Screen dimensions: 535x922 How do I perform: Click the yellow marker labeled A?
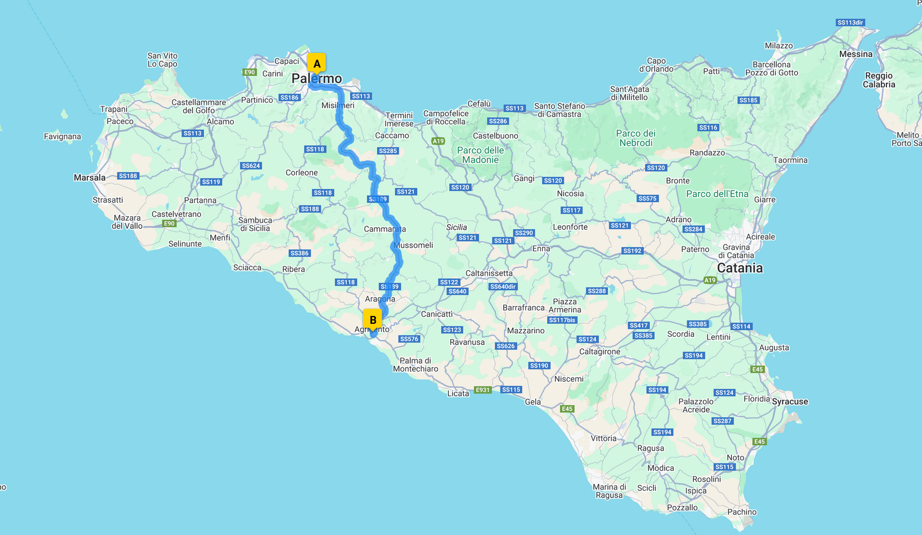click(x=316, y=64)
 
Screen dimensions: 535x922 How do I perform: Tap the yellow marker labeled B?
click(x=373, y=320)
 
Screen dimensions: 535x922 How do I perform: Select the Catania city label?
click(x=740, y=268)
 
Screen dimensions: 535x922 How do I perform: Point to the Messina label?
click(x=856, y=54)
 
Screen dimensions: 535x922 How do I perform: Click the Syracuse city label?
click(x=790, y=402)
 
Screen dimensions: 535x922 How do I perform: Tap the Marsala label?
click(x=89, y=177)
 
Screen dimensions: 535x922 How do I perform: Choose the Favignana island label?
click(x=62, y=136)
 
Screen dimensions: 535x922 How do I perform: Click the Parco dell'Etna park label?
click(x=717, y=194)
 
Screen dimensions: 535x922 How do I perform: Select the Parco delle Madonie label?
click(x=480, y=155)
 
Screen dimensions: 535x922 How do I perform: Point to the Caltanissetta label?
click(x=489, y=273)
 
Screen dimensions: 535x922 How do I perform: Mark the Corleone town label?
click(x=302, y=172)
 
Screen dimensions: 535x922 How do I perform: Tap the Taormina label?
click(x=790, y=160)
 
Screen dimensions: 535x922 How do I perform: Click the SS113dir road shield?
click(x=850, y=23)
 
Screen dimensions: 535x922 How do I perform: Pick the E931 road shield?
click(x=483, y=390)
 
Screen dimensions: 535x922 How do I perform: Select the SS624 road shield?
click(x=251, y=166)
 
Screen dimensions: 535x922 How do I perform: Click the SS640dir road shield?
click(x=503, y=287)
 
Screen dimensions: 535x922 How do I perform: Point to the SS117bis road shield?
click(x=562, y=320)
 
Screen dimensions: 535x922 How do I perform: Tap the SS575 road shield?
click(x=648, y=198)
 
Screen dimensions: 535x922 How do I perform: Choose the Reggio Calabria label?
click(x=879, y=80)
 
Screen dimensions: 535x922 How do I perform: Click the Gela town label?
click(x=532, y=402)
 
